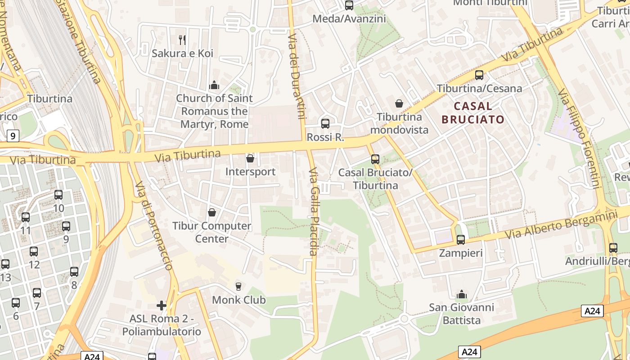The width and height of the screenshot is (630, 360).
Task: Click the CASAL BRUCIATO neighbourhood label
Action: click(x=473, y=112)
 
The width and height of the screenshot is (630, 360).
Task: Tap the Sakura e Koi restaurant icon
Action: click(x=182, y=40)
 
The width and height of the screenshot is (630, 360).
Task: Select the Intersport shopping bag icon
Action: click(x=250, y=159)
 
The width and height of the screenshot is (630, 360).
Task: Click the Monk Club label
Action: click(x=238, y=300)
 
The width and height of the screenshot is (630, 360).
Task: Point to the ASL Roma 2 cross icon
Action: click(x=162, y=306)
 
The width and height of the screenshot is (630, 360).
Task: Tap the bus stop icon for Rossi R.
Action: click(x=325, y=124)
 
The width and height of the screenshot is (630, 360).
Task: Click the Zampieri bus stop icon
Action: click(x=460, y=240)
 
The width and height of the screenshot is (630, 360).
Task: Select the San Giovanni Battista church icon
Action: click(x=461, y=295)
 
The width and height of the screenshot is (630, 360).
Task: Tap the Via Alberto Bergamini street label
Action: click(x=560, y=225)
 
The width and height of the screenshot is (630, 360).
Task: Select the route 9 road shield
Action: click(x=13, y=135)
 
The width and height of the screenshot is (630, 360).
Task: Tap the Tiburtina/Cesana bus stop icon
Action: click(x=479, y=75)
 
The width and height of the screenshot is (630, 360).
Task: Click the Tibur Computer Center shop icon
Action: click(x=212, y=212)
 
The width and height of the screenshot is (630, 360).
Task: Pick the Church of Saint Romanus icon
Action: click(x=214, y=85)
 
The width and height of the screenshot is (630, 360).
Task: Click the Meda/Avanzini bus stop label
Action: click(x=349, y=18)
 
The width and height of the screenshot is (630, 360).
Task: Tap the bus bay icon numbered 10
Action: click(x=58, y=195)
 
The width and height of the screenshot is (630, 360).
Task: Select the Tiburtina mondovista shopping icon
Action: click(x=399, y=104)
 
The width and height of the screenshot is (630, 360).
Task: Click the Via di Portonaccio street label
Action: click(x=154, y=225)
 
